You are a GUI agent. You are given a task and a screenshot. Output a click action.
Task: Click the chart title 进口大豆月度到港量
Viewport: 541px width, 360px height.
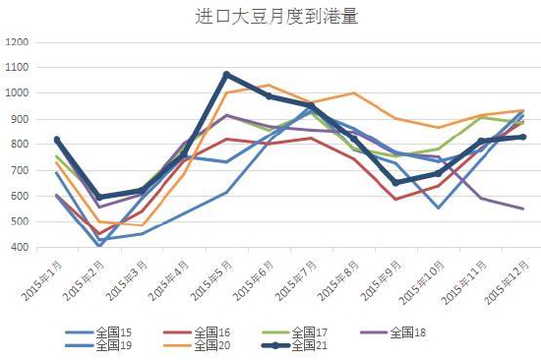pyautogui.click(x=270, y=16)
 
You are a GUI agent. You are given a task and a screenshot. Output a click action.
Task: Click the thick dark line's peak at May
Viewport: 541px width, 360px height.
pyautogui.click(x=226, y=75)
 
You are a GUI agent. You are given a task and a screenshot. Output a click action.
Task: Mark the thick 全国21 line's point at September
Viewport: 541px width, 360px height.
pyautogui.click(x=395, y=182)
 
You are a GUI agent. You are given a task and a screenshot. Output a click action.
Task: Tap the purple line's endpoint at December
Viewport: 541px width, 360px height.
pyautogui.click(x=522, y=209)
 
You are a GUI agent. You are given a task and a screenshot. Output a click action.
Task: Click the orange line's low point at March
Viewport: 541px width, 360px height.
pyautogui.click(x=142, y=224)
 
